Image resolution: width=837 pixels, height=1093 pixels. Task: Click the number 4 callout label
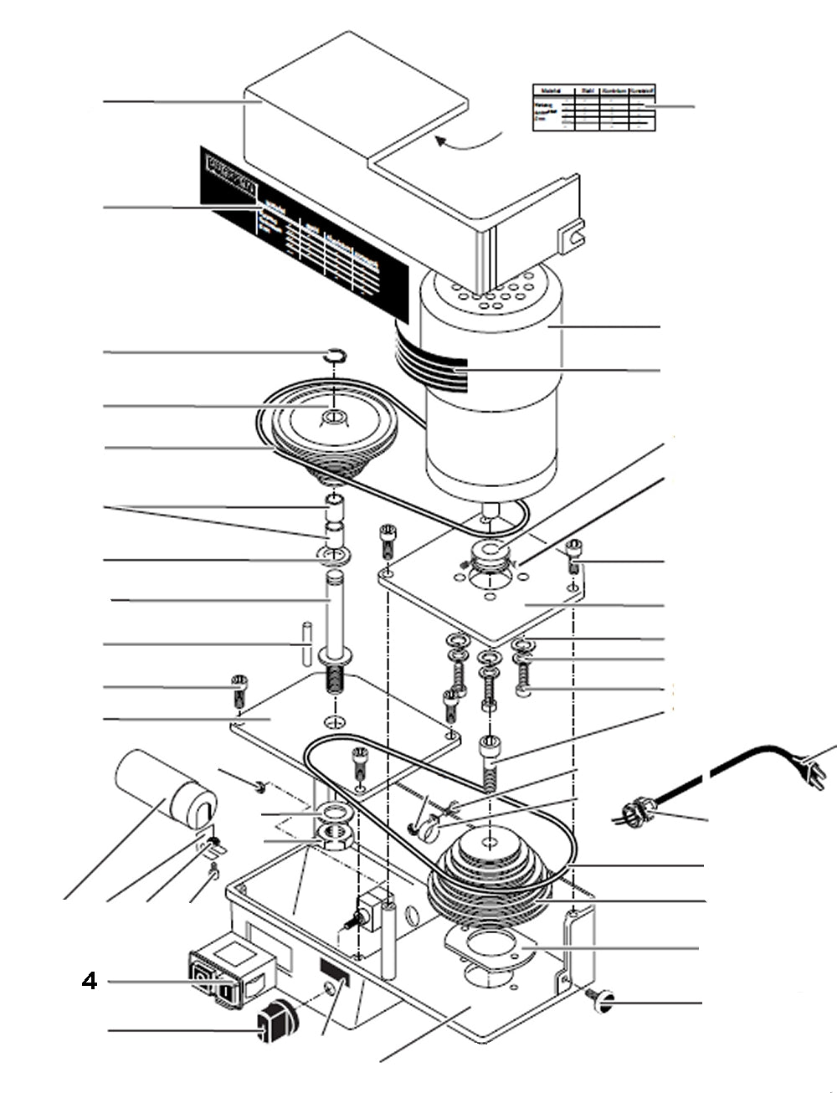pyautogui.click(x=90, y=980)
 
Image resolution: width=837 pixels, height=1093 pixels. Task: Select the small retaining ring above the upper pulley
pyautogui.click(x=334, y=356)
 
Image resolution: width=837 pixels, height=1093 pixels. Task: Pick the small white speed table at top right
pyautogui.click(x=593, y=107)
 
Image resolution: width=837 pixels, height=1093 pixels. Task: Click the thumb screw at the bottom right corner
pyautogui.click(x=602, y=996)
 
